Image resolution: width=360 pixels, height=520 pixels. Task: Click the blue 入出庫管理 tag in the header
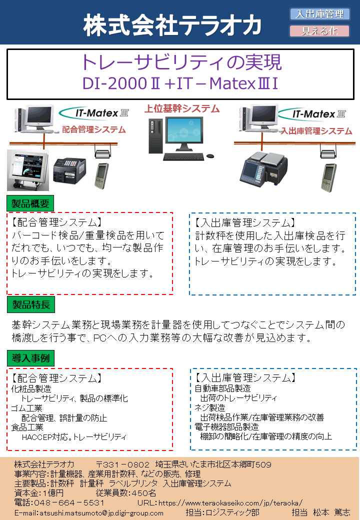click(320, 14)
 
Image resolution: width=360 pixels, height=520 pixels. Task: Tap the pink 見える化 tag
click(319, 31)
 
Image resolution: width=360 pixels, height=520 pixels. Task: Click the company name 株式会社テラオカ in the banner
click(172, 25)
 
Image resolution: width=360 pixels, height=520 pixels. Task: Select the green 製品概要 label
click(30, 203)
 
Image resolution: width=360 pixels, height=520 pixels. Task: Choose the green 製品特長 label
click(31, 304)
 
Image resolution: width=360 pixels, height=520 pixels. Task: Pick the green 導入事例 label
click(30, 358)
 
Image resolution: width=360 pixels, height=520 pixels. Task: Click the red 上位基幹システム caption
click(181, 108)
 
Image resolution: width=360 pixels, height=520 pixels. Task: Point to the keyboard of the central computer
click(183, 156)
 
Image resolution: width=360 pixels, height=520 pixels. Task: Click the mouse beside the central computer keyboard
click(210, 156)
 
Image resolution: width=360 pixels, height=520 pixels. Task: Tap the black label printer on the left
click(69, 171)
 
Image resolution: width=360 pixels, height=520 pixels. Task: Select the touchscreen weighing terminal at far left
click(28, 170)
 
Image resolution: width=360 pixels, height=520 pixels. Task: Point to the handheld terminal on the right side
click(328, 177)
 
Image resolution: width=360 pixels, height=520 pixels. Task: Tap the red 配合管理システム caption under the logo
click(94, 129)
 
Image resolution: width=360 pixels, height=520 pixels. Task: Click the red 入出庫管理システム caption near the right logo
click(316, 131)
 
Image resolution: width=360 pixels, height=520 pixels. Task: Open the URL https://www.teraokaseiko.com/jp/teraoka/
click(230, 503)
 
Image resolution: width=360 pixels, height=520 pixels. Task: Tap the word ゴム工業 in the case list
click(27, 408)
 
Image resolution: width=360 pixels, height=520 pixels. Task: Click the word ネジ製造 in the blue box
click(210, 407)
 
